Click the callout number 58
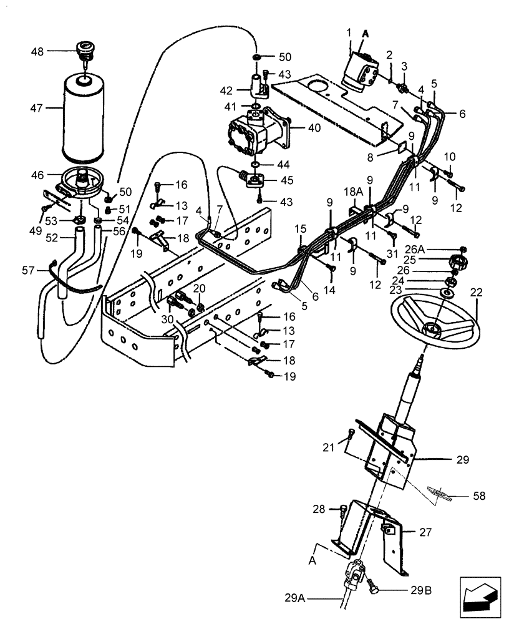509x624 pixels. tap(479, 497)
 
